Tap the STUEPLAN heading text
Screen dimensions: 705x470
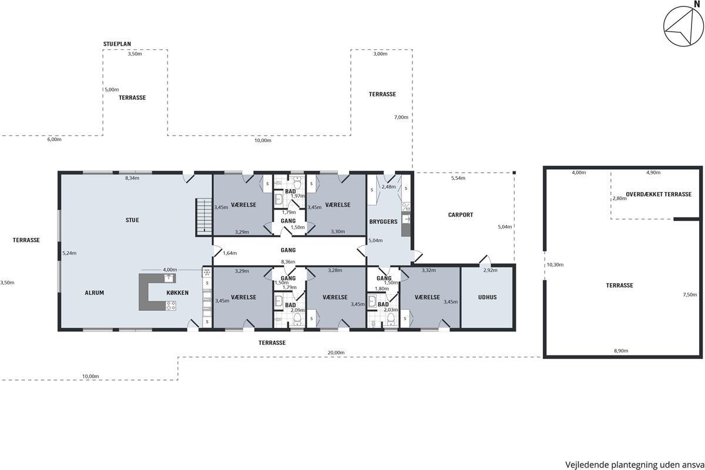coord(117,44)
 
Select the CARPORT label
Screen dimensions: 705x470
coord(461,215)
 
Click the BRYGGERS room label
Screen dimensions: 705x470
coord(383,222)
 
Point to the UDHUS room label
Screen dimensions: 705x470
coord(488,297)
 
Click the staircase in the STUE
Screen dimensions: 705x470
coord(204,217)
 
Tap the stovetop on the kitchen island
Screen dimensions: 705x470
coord(171,305)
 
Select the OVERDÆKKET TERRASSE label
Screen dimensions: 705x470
coord(659,194)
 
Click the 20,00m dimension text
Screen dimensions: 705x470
coord(336,352)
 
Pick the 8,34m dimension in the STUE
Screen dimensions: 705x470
coord(132,178)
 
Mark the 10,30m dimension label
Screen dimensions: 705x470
coord(555,265)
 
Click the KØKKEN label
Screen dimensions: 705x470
coord(177,293)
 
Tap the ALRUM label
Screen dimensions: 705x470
coord(95,293)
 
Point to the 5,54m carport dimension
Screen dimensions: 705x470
coord(458,178)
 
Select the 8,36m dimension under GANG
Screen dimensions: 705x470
coord(288,261)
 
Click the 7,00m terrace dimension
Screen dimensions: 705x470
coord(401,117)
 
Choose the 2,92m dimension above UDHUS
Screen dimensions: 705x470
coord(491,270)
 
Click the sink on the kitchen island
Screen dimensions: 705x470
coord(169,278)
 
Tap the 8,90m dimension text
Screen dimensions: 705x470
coord(621,351)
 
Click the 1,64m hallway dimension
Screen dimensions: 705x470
coord(230,253)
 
